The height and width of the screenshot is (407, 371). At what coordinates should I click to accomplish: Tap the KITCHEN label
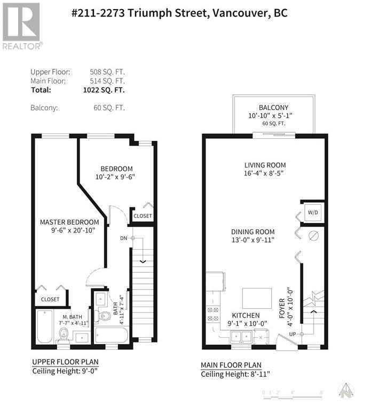pyautogui.click(x=246, y=316)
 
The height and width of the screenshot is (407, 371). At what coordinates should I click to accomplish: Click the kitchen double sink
pyautogui.click(x=241, y=336)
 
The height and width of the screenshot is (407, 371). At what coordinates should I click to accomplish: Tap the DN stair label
pyautogui.click(x=123, y=238)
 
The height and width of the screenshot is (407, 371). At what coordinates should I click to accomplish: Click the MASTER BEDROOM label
pyautogui.click(x=69, y=222)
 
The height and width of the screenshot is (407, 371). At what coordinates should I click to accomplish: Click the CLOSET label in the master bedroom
pyautogui.click(x=50, y=299)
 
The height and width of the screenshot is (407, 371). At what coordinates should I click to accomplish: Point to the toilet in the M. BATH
pyautogui.click(x=64, y=334)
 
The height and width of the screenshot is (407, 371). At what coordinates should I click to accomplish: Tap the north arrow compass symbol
pyautogui.click(x=348, y=391)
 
